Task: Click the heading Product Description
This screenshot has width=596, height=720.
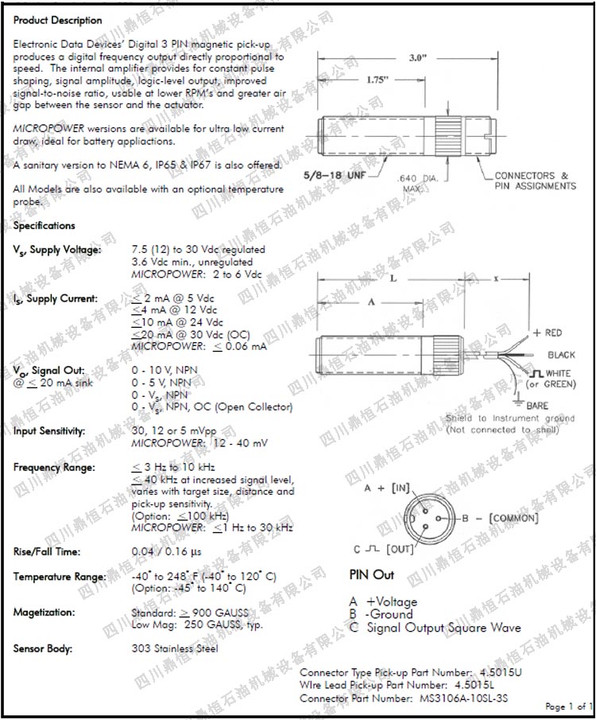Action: pos(58,20)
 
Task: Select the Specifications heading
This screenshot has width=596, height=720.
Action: pos(45,225)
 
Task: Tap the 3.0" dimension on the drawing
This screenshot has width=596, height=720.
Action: pos(419,58)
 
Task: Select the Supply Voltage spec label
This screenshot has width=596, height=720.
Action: pos(57,250)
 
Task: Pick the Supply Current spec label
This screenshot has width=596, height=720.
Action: pos(56,299)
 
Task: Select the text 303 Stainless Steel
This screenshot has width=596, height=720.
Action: pos(174,648)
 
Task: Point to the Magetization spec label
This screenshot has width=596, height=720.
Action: pos(45,613)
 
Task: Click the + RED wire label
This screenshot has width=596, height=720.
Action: pos(548,333)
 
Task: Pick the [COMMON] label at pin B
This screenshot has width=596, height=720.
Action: pos(513,519)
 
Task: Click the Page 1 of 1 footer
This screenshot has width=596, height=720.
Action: pos(568,706)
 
